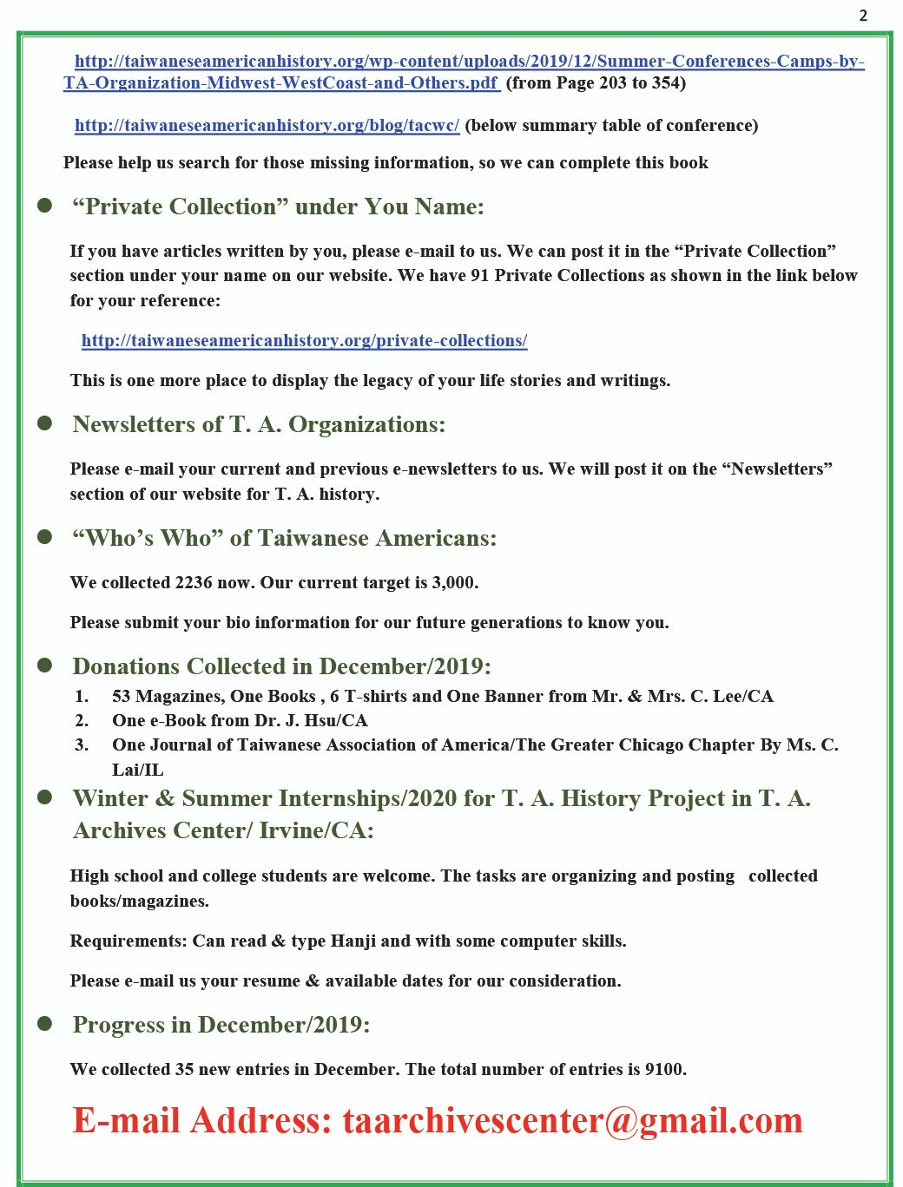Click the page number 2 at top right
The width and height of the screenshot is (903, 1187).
coord(863,16)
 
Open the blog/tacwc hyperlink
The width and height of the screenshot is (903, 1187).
coord(267,126)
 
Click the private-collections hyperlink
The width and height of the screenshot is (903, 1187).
coord(304,341)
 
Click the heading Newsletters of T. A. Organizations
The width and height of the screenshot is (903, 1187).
coord(259,424)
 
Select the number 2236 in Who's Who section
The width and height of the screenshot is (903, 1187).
coord(193,582)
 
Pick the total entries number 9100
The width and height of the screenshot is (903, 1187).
coord(664,1069)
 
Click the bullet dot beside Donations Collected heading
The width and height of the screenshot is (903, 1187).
coord(45,666)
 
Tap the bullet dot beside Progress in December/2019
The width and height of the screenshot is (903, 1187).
coord(45,1024)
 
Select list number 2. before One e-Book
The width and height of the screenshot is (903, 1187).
coord(82,720)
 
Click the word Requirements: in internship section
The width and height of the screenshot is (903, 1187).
coord(129,941)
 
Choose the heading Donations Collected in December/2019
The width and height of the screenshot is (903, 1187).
coord(281,666)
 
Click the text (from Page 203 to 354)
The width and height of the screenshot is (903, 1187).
coord(596,83)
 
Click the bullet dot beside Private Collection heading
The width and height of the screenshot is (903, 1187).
coord(45,206)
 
